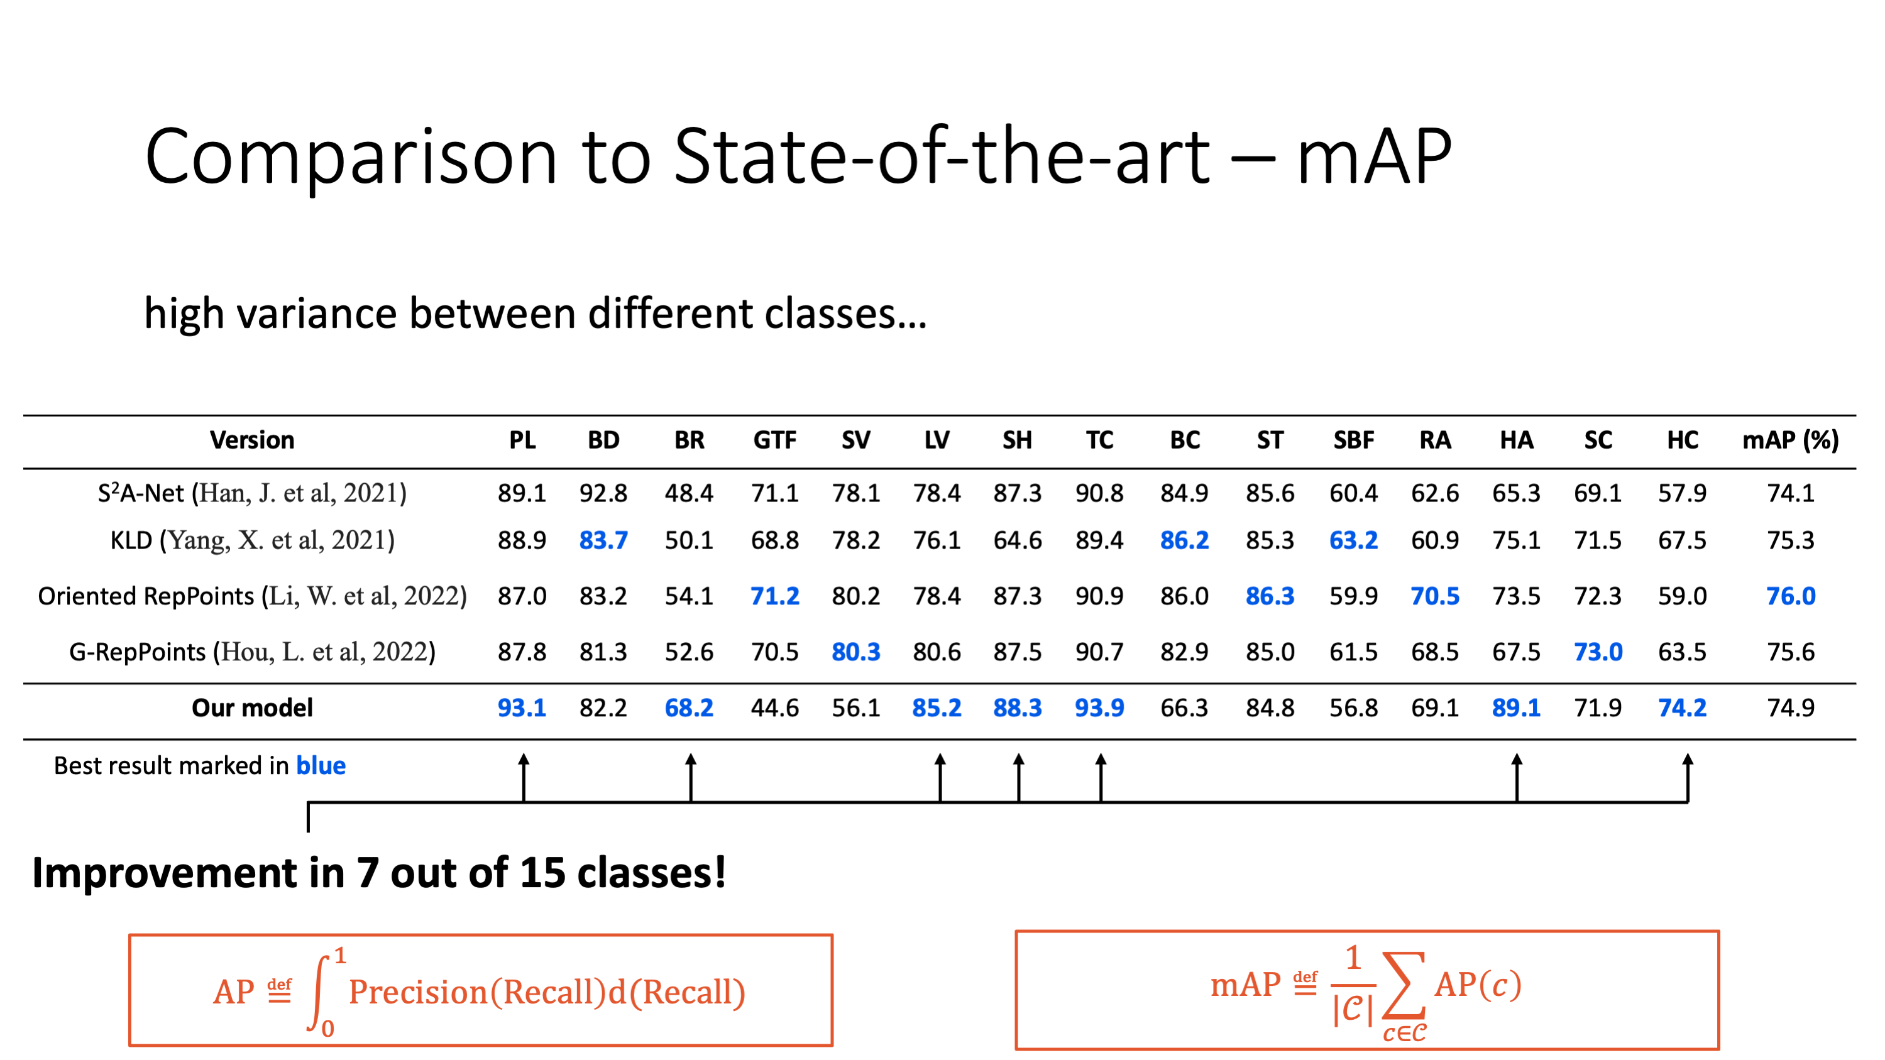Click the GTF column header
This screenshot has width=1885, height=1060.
pyautogui.click(x=775, y=440)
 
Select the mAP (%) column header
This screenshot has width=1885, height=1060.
pyautogui.click(x=1791, y=440)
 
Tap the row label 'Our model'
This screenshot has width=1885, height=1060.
pyautogui.click(x=253, y=708)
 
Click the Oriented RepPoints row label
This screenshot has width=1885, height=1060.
pyautogui.click(x=253, y=596)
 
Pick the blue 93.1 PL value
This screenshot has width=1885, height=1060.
pyautogui.click(x=522, y=708)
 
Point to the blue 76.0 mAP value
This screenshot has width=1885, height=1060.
pyautogui.click(x=1791, y=596)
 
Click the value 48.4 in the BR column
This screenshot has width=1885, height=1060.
pyautogui.click(x=689, y=493)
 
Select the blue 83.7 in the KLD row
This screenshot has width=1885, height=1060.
pyautogui.click(x=603, y=540)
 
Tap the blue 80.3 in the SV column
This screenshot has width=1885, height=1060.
pyautogui.click(x=856, y=652)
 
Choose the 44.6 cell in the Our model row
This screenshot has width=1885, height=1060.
pyautogui.click(x=775, y=708)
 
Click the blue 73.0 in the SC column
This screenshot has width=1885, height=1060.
pyautogui.click(x=1598, y=652)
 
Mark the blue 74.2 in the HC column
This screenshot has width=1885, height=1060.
pyautogui.click(x=1683, y=708)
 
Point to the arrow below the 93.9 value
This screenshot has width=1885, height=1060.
pyautogui.click(x=1101, y=779)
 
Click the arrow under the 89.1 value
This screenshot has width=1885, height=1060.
pyautogui.click(x=1517, y=779)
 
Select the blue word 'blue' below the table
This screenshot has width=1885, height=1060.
pyautogui.click(x=321, y=765)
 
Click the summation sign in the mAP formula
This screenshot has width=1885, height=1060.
pyautogui.click(x=1404, y=985)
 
